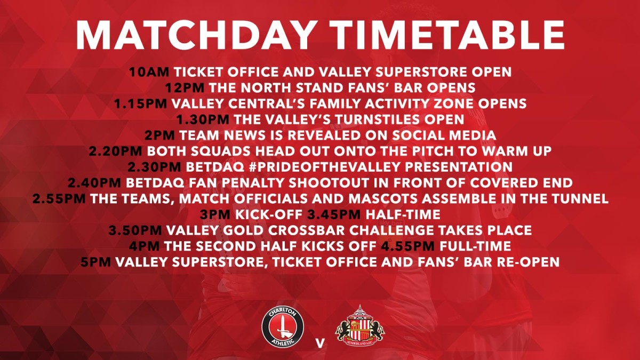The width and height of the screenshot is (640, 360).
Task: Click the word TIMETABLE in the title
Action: click(x=447, y=35)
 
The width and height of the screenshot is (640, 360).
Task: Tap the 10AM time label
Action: click(x=149, y=71)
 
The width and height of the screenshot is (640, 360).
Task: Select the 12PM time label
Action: click(x=185, y=87)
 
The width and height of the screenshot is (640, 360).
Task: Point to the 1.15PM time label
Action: click(x=141, y=103)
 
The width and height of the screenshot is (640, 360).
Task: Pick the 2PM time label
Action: click(x=159, y=135)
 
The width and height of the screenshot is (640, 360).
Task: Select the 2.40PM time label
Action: click(x=94, y=183)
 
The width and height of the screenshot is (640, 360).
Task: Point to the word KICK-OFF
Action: click(x=269, y=214)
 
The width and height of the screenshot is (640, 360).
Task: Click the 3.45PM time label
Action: click(x=334, y=214)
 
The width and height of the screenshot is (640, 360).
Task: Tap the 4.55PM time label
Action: click(x=408, y=246)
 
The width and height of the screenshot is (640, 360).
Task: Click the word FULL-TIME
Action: click(x=475, y=246)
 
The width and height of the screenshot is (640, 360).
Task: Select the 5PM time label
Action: click(x=95, y=262)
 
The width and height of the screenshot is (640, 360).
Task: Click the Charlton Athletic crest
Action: click(x=283, y=327)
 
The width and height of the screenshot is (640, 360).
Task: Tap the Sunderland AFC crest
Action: click(x=360, y=326)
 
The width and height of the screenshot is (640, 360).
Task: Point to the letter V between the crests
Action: click(x=320, y=343)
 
